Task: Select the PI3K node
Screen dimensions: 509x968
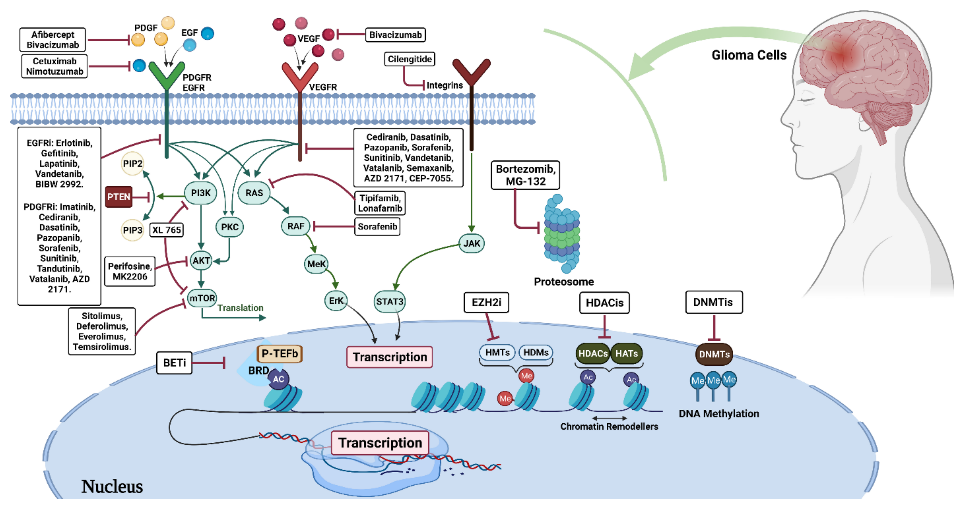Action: coord(201,193)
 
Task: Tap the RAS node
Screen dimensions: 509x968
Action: coord(254,193)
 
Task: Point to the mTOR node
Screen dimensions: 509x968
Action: coord(202,298)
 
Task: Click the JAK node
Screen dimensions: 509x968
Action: coord(472,243)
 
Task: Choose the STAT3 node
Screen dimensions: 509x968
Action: coord(390,302)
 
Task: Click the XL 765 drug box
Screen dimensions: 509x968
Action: coord(166,230)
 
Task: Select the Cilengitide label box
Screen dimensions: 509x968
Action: coord(410,59)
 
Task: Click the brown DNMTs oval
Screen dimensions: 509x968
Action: coord(714,354)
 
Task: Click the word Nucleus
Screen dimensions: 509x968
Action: coord(112,487)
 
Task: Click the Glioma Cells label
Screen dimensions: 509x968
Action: coord(749,55)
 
